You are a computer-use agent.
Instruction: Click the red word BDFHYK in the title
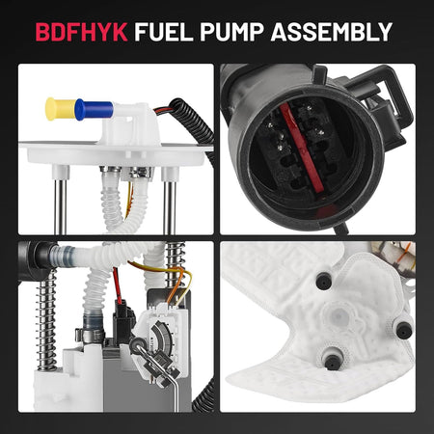click(81, 32)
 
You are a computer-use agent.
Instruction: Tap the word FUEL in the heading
click(164, 32)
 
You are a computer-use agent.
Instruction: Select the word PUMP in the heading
click(231, 32)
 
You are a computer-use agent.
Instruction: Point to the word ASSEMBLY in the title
click(332, 32)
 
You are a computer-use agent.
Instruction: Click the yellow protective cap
click(60, 109)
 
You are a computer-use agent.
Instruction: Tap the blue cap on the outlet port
click(94, 109)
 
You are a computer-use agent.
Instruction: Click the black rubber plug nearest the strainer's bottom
click(332, 362)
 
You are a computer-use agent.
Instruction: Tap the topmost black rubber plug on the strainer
click(324, 281)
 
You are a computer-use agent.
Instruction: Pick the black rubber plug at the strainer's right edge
click(404, 329)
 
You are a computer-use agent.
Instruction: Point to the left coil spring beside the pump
click(46, 320)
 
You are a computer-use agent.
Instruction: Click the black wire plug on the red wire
click(122, 318)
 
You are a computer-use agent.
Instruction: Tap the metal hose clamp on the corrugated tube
click(91, 335)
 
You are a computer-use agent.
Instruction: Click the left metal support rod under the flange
click(60, 205)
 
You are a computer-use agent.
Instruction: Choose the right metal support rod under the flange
click(170, 205)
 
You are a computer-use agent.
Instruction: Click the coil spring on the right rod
click(176, 268)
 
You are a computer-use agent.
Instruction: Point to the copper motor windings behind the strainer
click(393, 257)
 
